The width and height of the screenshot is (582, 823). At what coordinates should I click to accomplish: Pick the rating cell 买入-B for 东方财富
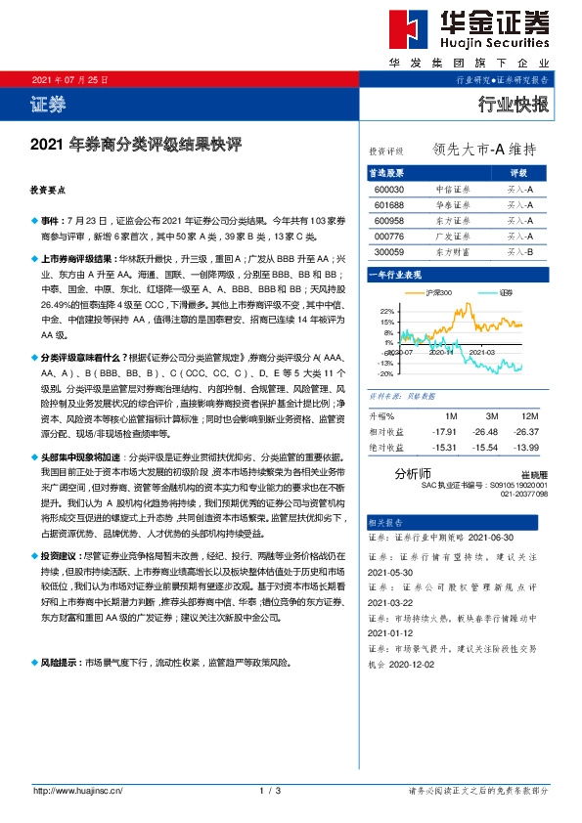[x=519, y=252]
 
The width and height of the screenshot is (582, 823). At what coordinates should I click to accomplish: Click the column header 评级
[x=519, y=172]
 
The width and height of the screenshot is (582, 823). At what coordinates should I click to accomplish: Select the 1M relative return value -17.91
[x=445, y=430]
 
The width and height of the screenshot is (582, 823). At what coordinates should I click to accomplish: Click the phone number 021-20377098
[x=525, y=494]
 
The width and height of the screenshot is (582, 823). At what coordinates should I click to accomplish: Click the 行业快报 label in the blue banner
[x=514, y=105]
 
